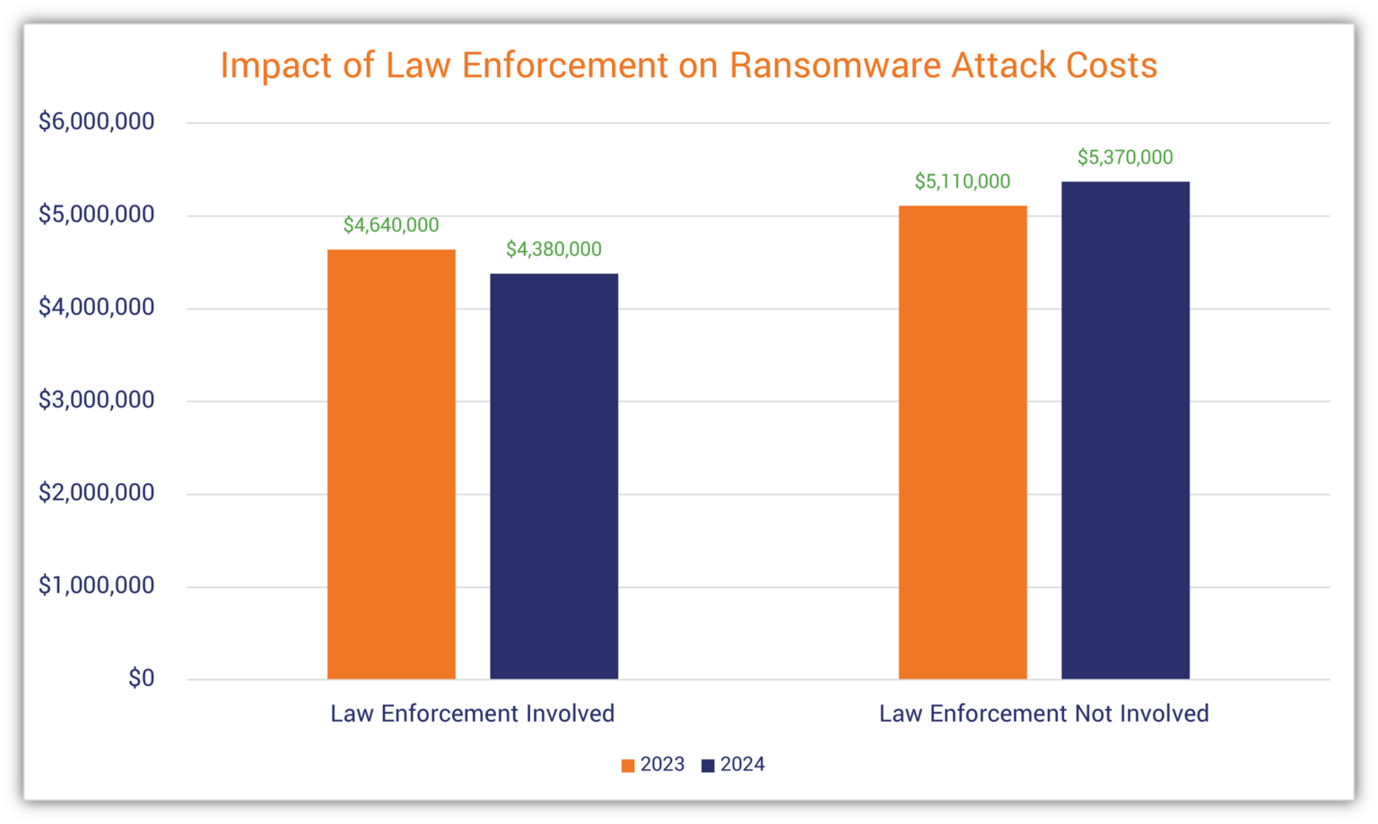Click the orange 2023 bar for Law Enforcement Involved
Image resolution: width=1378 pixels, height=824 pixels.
click(x=391, y=463)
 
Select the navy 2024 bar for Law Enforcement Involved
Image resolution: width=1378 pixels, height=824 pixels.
click(x=554, y=476)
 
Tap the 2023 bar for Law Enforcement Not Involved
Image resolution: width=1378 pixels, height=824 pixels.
click(x=963, y=442)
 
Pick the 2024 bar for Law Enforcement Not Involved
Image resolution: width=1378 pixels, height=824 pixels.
click(x=1125, y=430)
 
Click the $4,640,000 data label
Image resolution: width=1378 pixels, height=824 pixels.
click(x=391, y=225)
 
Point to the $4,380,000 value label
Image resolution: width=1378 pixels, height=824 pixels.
click(x=554, y=250)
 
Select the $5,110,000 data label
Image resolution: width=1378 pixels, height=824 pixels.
click(x=963, y=181)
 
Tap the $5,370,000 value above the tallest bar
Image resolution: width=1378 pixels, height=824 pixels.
click(x=1125, y=158)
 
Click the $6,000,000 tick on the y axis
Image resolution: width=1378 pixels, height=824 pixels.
click(x=96, y=121)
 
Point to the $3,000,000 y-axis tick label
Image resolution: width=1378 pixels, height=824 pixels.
click(x=96, y=399)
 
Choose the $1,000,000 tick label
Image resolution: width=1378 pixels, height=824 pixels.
click(x=96, y=585)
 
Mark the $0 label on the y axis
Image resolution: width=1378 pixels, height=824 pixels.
click(x=141, y=678)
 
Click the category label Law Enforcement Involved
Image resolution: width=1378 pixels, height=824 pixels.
click(x=472, y=714)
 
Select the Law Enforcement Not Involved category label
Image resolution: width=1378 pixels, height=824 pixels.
click(x=1043, y=714)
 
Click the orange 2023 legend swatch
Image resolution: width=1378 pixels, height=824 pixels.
click(x=628, y=766)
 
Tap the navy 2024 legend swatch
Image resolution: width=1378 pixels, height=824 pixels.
click(x=708, y=766)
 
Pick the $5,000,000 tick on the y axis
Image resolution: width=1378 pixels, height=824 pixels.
click(x=96, y=215)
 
